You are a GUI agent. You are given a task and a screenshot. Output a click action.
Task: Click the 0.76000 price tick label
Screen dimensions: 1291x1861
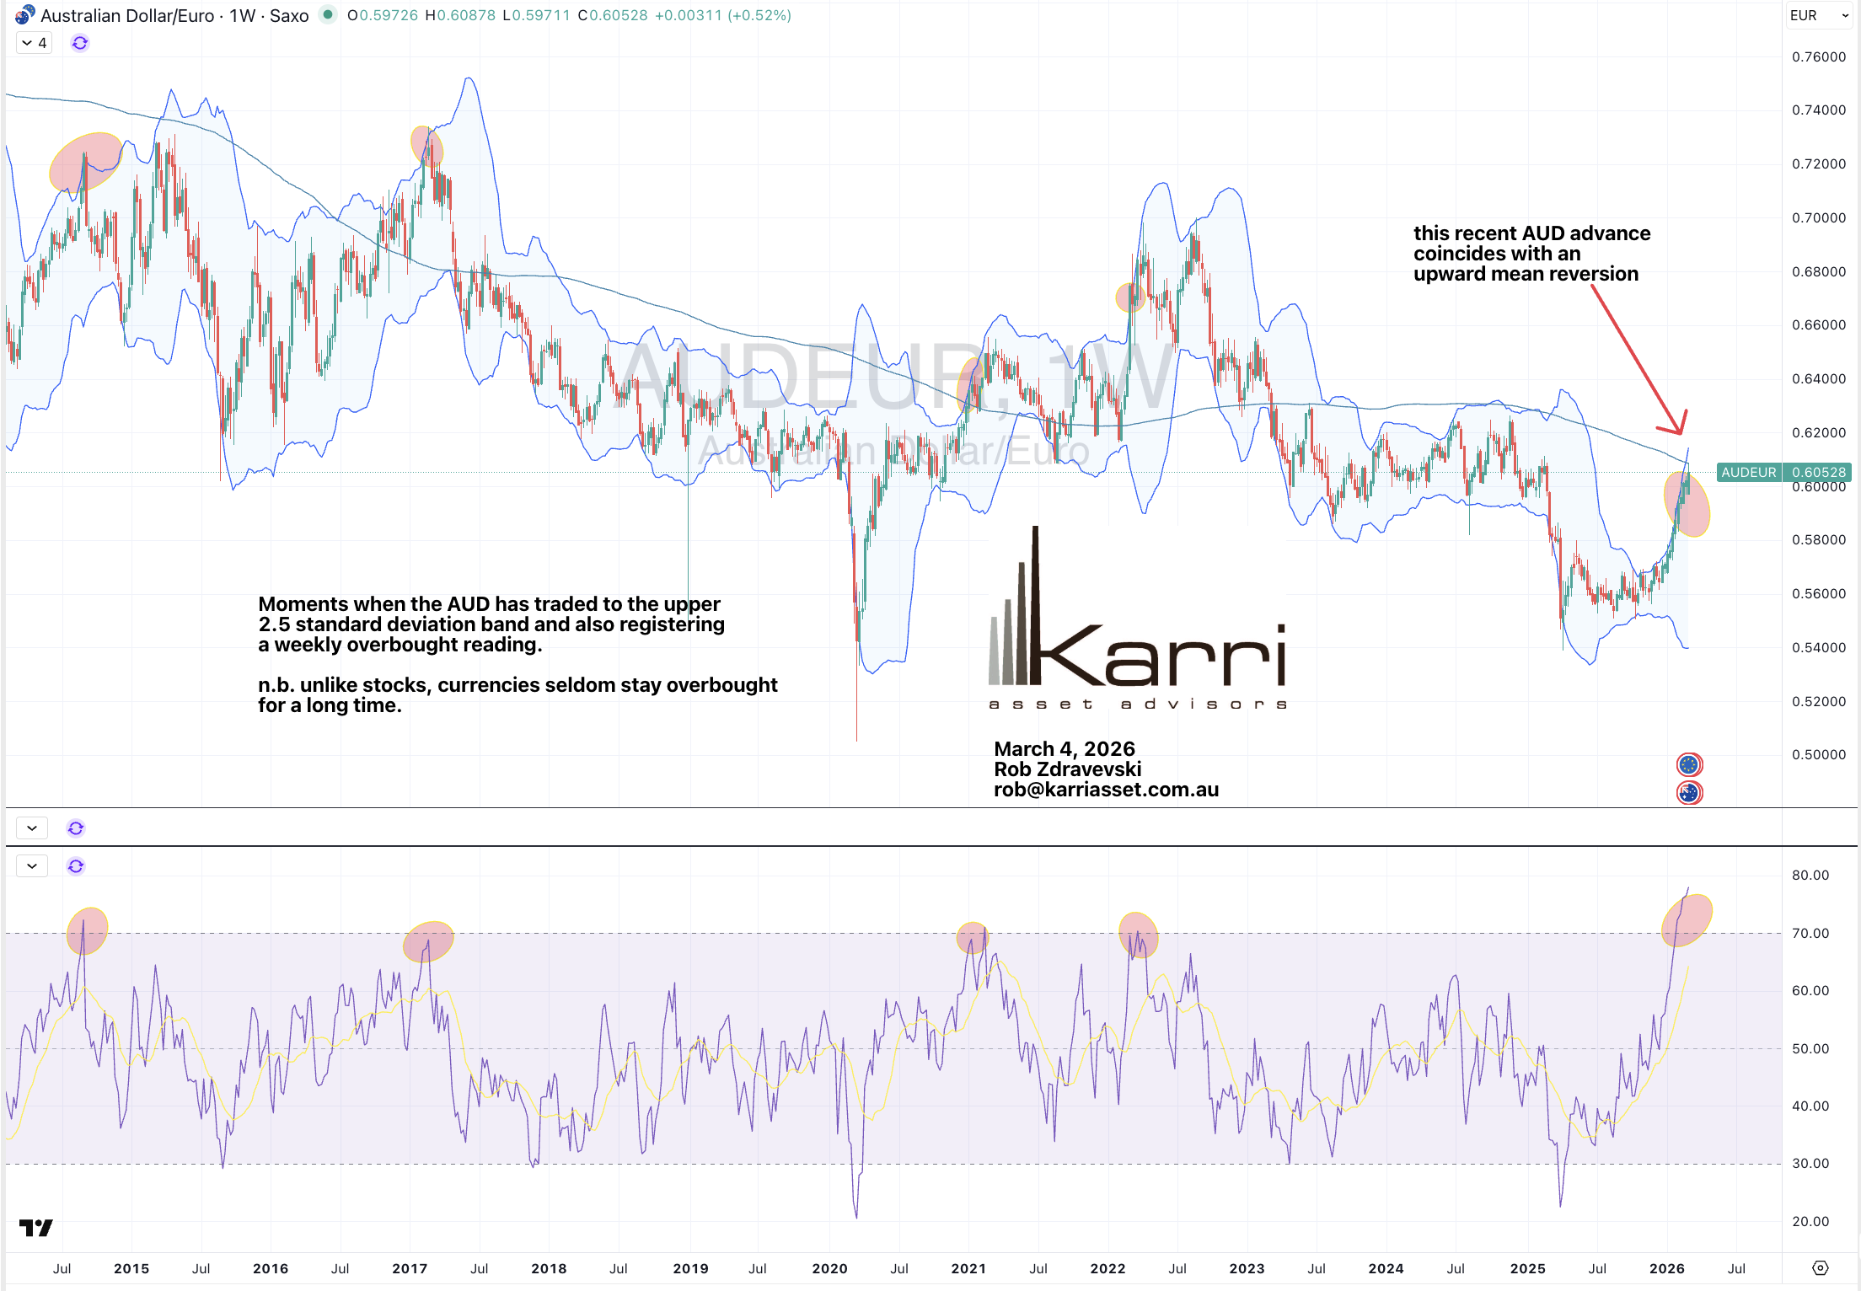pos(1818,56)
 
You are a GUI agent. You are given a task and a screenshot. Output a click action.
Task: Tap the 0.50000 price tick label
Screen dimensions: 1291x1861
pos(1818,754)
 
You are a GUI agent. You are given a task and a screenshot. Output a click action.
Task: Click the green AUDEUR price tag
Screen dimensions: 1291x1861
pos(1747,472)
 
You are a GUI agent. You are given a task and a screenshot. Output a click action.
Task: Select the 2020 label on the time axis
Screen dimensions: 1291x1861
pos(829,1268)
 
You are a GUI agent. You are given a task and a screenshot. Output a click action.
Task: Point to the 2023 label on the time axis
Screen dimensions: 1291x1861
pos(1247,1268)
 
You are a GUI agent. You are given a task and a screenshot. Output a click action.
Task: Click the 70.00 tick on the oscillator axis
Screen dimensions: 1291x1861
pos(1810,933)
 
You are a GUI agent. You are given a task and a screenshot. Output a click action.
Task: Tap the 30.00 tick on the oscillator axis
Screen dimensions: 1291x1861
pos(1810,1163)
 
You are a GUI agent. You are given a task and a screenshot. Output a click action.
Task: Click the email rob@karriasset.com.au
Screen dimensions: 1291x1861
pos(1106,790)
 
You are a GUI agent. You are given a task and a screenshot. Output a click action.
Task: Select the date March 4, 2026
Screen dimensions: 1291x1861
pos(1064,748)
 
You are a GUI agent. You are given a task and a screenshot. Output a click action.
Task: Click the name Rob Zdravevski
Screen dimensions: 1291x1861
pos(1067,769)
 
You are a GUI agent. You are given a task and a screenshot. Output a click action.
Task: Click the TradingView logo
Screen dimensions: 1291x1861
pos(35,1228)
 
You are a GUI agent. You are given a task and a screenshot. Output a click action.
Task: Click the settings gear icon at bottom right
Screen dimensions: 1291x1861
pos(1821,1268)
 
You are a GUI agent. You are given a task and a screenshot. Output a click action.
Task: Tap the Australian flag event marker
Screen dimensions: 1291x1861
pos(1689,793)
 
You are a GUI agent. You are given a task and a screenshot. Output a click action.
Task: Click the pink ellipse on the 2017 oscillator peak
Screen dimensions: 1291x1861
pos(428,941)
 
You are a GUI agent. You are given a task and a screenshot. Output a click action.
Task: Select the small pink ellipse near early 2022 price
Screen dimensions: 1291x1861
pos(1129,297)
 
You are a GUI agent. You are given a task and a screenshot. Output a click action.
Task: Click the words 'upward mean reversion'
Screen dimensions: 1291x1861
pos(1526,274)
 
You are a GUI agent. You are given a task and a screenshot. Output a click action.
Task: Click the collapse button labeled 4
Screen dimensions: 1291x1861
pos(35,43)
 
